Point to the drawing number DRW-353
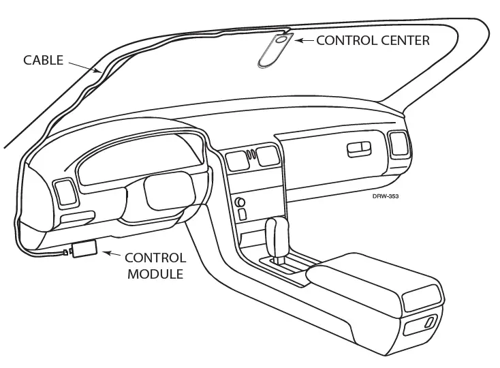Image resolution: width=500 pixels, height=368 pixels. tap(385, 196)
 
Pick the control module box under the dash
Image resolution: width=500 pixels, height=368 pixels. tap(85, 248)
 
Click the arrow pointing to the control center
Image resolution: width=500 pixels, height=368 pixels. tap(305, 41)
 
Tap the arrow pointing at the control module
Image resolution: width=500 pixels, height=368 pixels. tap(110, 255)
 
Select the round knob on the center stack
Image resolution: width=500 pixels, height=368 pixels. tap(240, 202)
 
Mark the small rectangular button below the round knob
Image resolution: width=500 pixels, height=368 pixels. tap(243, 214)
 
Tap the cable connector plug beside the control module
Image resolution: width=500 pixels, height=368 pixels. tap(67, 252)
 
